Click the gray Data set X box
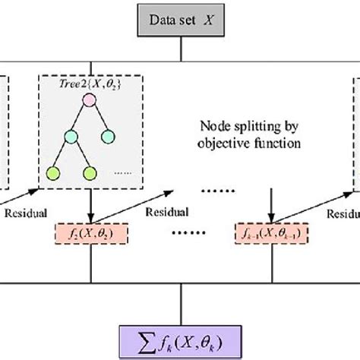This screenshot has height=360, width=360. [180, 21]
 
